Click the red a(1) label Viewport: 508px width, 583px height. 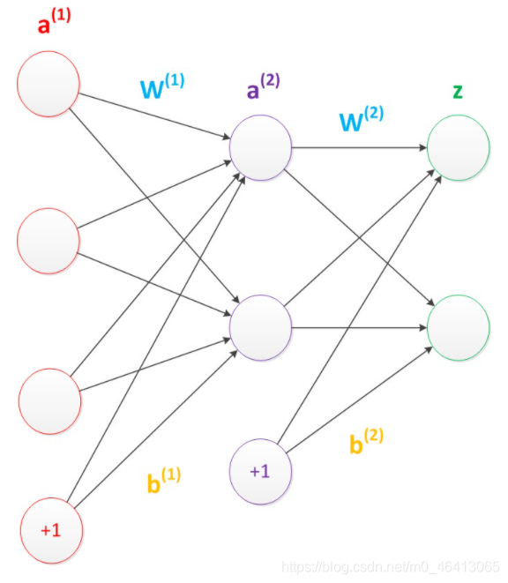(x=55, y=21)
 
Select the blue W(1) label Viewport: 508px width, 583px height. (x=162, y=86)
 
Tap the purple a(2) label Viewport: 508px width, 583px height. (x=264, y=86)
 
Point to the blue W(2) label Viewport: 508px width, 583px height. (x=362, y=118)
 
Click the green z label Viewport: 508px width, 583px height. (x=458, y=92)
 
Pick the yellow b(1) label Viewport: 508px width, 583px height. (x=164, y=480)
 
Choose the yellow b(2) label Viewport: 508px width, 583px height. (x=366, y=441)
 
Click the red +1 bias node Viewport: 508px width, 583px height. (x=51, y=531)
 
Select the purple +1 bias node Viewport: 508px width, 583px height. (x=260, y=472)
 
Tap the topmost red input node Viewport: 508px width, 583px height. (x=48, y=84)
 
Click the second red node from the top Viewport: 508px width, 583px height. (x=48, y=241)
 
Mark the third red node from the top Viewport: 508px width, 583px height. (x=50, y=401)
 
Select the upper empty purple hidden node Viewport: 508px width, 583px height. (x=260, y=147)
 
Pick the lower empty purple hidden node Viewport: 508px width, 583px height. (x=260, y=327)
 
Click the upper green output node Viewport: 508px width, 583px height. (x=458, y=147)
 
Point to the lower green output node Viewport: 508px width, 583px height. (x=458, y=327)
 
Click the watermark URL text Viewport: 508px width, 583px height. (x=391, y=567)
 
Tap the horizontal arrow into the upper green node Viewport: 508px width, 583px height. (x=359, y=147)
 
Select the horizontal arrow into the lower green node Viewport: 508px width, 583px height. (x=359, y=327)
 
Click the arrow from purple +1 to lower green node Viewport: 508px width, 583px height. (x=359, y=400)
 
